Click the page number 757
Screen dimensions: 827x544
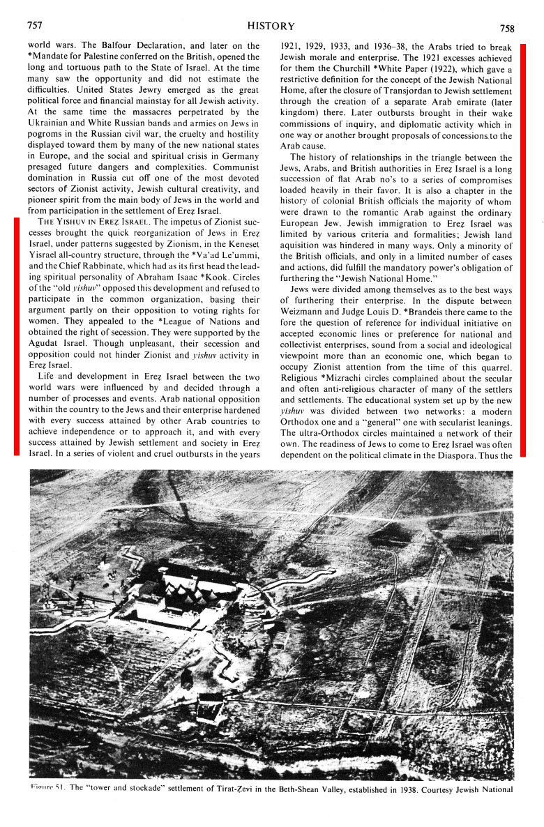(x=34, y=26)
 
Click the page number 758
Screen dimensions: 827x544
(x=507, y=29)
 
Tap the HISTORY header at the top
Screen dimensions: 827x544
(x=271, y=26)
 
